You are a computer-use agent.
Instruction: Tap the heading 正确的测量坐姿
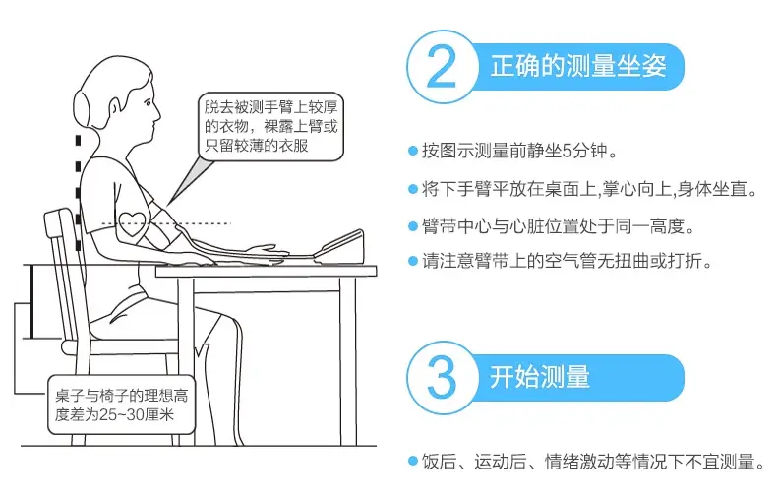point(577,66)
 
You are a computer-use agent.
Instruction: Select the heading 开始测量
point(540,377)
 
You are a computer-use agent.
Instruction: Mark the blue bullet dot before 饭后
point(413,461)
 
